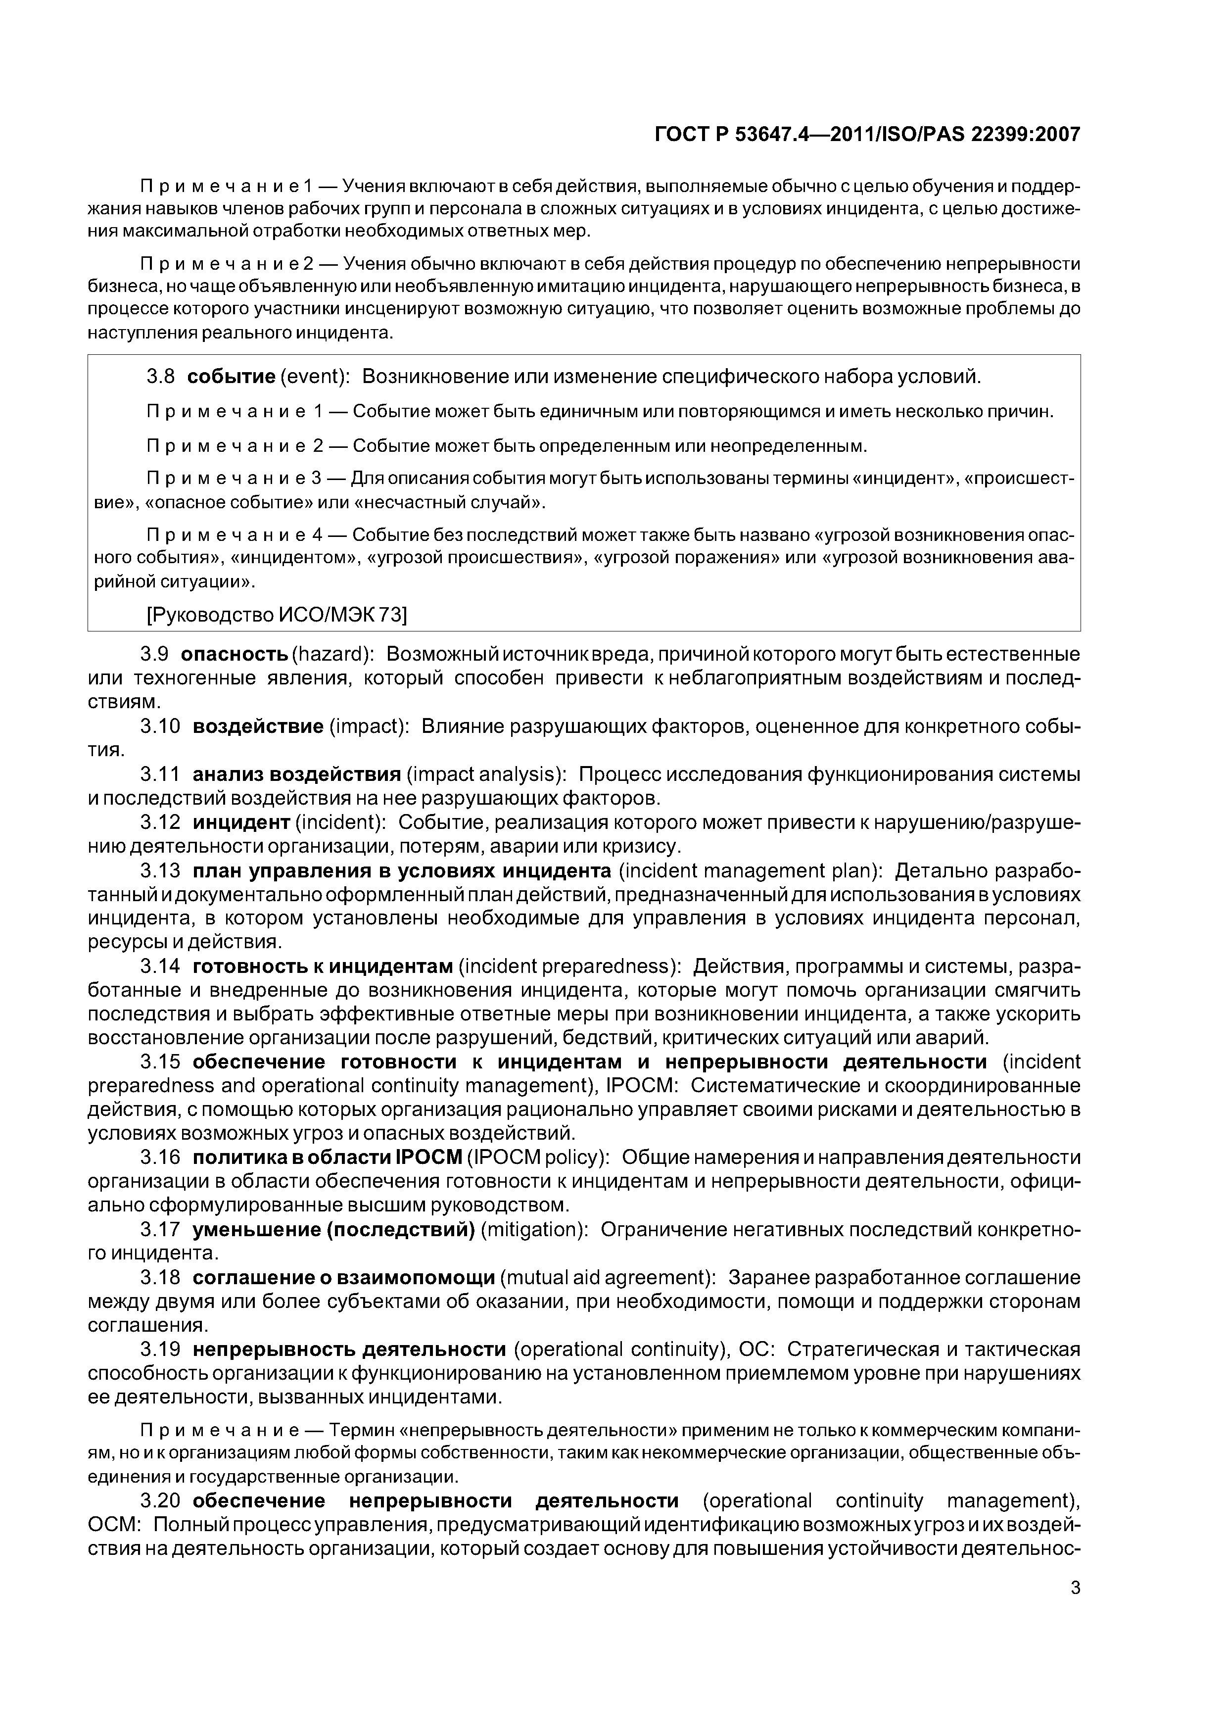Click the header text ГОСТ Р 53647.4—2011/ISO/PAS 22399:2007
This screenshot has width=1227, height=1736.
[x=866, y=135]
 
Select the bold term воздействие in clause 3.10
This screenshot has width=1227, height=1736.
[x=258, y=726]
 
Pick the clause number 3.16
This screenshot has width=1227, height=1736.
[x=160, y=1157]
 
